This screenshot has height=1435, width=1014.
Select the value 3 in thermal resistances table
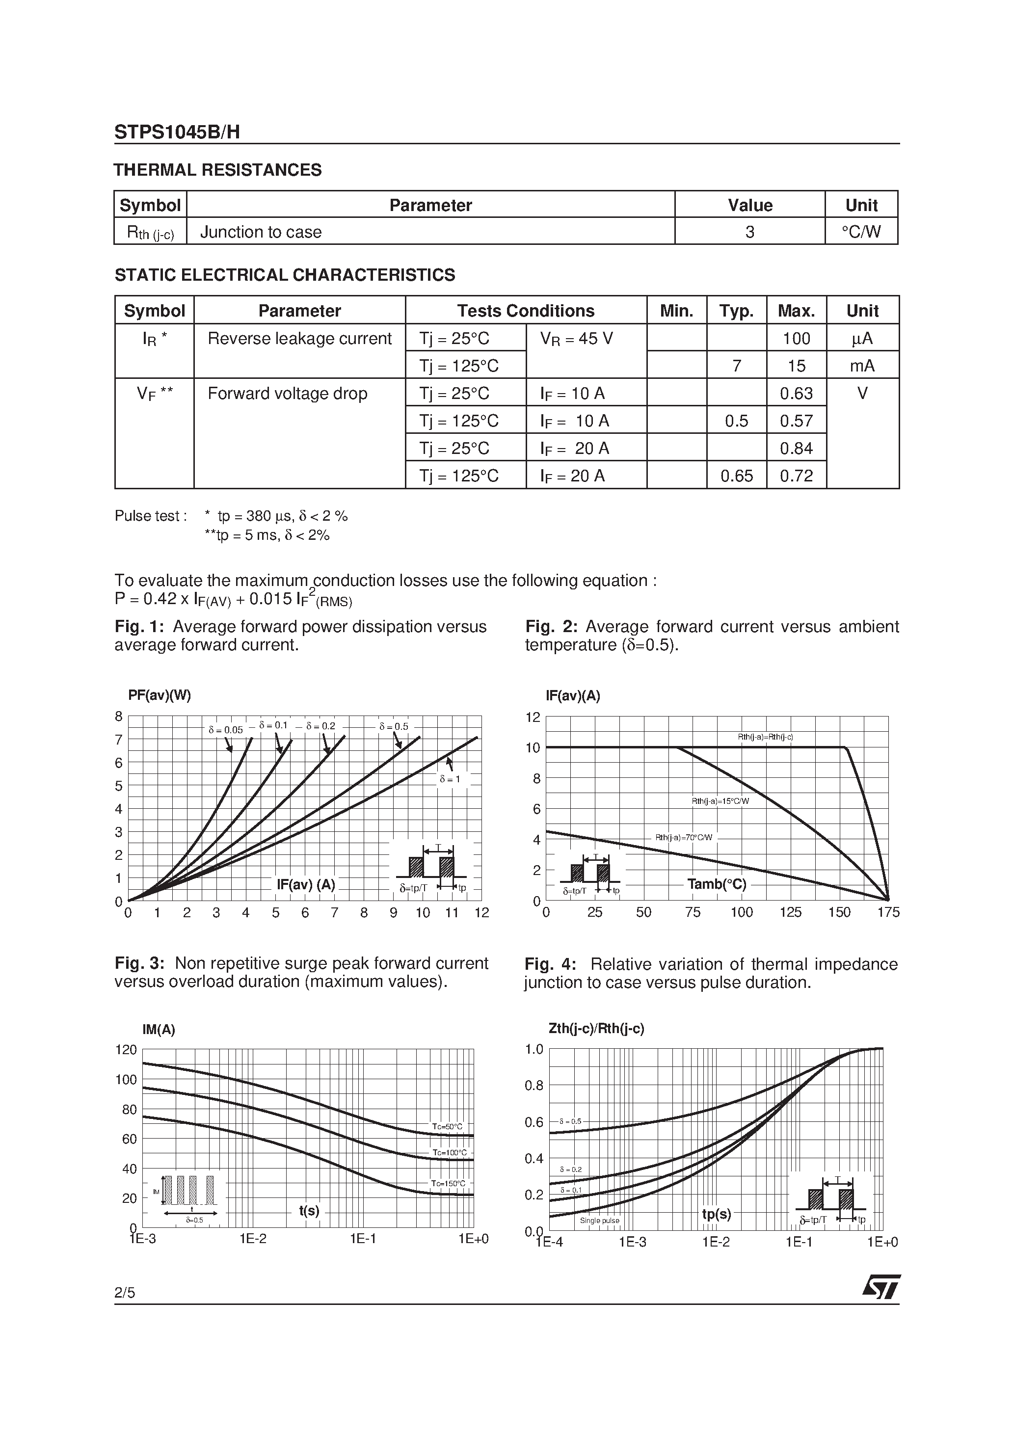(749, 232)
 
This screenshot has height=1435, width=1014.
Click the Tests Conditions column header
(525, 311)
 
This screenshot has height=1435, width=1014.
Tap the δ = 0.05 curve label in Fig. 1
(226, 729)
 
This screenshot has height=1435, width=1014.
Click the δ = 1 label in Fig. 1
(450, 779)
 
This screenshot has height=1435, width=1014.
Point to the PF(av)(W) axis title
(160, 695)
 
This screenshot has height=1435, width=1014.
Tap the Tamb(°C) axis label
(717, 884)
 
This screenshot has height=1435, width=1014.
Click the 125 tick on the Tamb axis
(790, 912)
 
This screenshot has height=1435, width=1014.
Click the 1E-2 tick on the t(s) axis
(253, 1239)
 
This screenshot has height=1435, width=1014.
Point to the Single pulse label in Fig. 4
(600, 1220)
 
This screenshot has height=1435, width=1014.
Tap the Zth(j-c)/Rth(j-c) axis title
(596, 1028)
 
